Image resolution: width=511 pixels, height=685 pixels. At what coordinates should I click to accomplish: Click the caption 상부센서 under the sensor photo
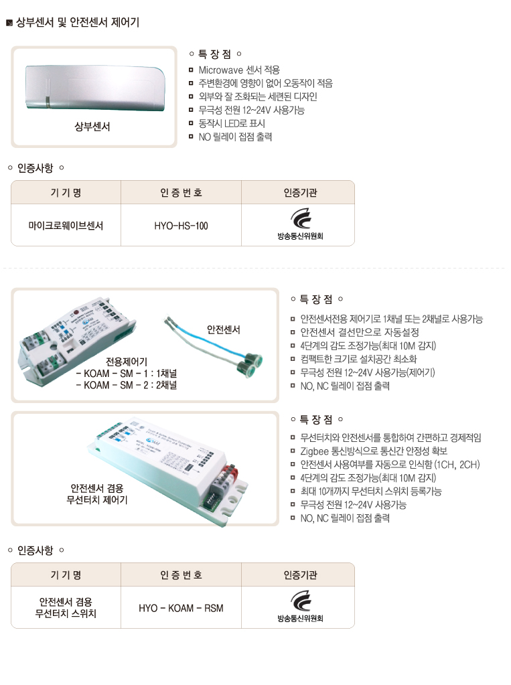(92, 127)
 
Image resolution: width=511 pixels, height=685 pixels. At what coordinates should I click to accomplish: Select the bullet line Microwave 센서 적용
(239, 70)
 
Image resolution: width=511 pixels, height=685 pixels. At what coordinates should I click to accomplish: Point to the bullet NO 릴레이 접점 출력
(235, 137)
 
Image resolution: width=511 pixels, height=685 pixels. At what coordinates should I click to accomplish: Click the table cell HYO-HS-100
(181, 226)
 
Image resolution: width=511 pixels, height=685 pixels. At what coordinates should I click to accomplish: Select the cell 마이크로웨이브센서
(66, 226)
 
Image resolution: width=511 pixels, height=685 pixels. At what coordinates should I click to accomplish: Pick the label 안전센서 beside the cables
(223, 329)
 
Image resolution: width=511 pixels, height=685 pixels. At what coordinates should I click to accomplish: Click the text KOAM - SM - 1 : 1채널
(127, 374)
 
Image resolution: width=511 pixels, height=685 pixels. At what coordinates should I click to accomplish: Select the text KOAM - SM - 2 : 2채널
(127, 386)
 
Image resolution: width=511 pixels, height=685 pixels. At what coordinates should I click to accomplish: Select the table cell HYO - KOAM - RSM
(181, 608)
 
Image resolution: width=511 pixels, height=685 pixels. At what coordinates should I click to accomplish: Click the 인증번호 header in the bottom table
(181, 575)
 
